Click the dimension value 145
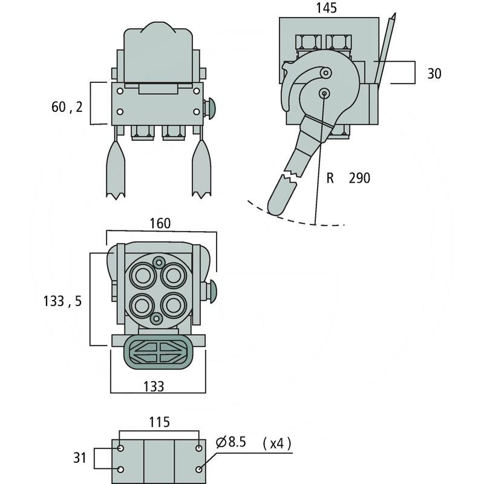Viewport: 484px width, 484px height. coord(326,8)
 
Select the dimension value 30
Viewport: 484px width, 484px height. coord(434,74)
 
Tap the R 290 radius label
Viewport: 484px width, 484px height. coord(348,178)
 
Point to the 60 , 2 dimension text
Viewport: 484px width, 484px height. coord(67,108)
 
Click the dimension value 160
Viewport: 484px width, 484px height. coord(160,223)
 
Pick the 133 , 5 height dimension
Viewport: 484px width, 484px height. coord(63,301)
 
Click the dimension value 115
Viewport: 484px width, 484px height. coord(159,422)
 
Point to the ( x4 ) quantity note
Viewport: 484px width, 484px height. coord(276,443)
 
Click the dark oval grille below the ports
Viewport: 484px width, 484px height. coord(157,351)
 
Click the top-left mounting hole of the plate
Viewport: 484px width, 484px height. coord(121,449)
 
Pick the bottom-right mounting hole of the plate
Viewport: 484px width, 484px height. coord(199,469)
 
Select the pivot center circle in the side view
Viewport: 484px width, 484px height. coord(325,93)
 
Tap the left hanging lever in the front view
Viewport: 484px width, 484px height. coord(115,169)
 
